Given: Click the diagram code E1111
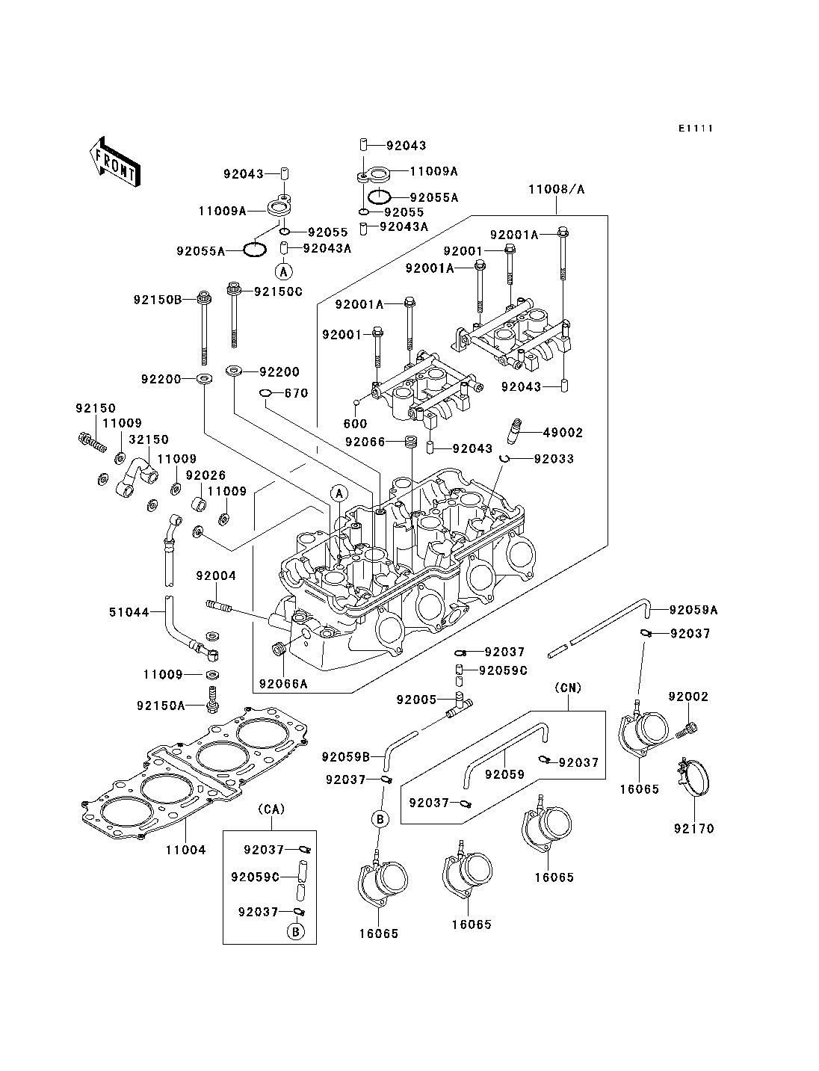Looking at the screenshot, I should [x=696, y=129].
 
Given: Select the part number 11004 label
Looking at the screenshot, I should [x=185, y=850].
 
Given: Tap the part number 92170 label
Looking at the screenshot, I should [x=694, y=828].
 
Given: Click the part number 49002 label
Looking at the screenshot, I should [x=563, y=433].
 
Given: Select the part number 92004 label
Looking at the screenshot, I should [x=216, y=575].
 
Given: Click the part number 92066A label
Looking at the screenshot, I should [x=283, y=683].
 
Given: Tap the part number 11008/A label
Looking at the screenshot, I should [x=556, y=190].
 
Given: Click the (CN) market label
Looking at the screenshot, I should [x=568, y=688].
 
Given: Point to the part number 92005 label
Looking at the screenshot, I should [x=416, y=700].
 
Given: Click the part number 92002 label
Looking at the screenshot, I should [x=688, y=697].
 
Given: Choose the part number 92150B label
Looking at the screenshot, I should [x=158, y=300].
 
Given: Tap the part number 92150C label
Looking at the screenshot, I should [x=278, y=291].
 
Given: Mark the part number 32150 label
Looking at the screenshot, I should [x=149, y=440].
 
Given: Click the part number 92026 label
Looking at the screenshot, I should [x=206, y=475].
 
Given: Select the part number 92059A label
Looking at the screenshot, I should [x=693, y=610].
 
